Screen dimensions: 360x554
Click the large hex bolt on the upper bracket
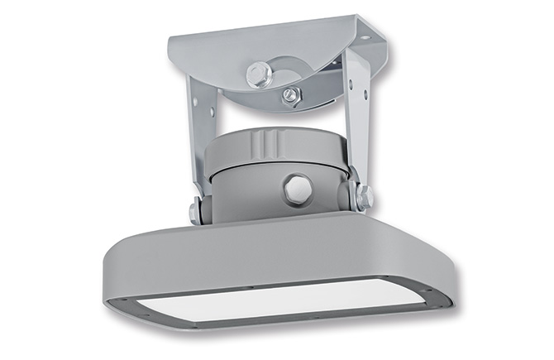point(259,74)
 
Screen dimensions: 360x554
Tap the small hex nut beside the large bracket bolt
point(289,95)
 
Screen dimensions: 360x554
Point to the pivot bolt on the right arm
point(362,196)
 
